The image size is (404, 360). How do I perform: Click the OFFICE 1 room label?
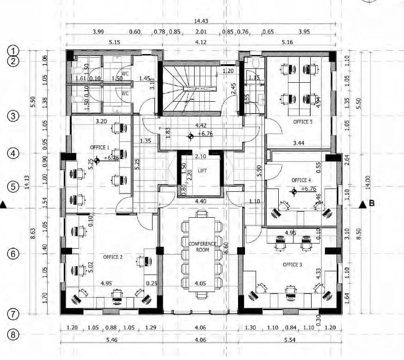click(99, 147)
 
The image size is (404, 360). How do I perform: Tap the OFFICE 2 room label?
click(113, 256)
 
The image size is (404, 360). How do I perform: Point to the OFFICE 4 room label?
click(301, 180)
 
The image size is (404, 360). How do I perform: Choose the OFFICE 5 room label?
click(303, 122)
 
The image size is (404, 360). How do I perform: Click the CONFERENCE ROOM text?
click(202, 246)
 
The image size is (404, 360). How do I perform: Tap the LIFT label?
click(202, 171)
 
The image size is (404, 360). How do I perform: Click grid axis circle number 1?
click(14, 50)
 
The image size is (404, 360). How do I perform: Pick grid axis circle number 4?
click(14, 153)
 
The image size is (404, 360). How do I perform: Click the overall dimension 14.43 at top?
click(201, 21)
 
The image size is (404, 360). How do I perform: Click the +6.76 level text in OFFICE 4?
click(308, 189)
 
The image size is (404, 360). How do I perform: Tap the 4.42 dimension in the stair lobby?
click(201, 125)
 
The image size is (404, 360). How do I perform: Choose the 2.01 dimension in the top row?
click(201, 32)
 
